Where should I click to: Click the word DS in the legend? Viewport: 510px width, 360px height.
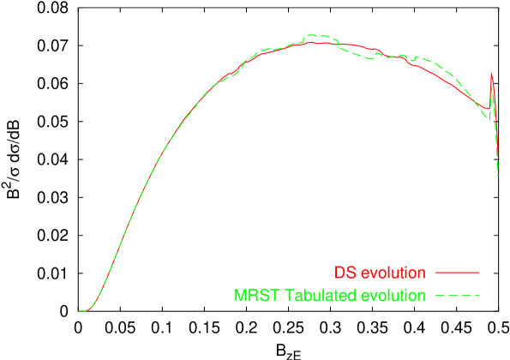tap(345, 273)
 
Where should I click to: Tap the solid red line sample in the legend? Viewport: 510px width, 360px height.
tap(457, 273)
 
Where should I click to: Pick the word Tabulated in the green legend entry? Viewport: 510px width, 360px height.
tap(315, 296)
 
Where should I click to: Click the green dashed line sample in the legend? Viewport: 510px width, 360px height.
tap(457, 295)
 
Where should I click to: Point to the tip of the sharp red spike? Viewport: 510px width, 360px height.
tap(491, 72)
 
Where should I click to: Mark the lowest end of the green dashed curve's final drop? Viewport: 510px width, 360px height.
tap(498, 177)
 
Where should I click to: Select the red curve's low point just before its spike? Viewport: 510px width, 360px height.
tap(486, 109)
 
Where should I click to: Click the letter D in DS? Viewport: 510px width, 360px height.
tap(339, 273)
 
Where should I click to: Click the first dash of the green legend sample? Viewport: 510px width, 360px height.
tap(440, 295)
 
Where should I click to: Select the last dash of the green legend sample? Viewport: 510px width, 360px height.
tap(474, 295)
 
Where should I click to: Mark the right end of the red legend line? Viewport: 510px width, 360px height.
tap(477, 273)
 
